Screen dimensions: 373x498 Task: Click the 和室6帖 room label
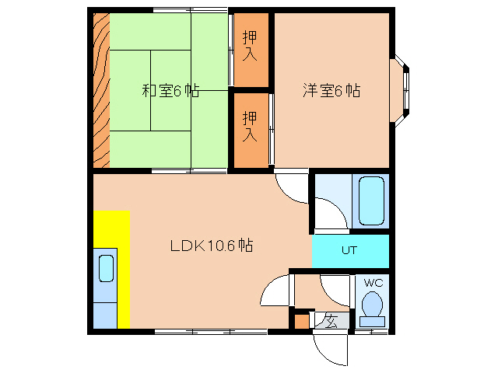170,91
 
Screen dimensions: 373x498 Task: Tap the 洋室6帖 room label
331,90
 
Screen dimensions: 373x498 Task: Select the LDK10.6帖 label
211,246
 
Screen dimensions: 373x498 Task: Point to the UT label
349,251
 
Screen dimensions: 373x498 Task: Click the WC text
371,282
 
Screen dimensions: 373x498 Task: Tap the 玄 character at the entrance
330,320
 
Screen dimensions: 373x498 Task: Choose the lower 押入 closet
250,126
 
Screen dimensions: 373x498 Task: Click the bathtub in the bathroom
369,201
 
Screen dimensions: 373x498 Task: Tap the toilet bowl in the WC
372,305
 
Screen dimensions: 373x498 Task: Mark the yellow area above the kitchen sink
111,229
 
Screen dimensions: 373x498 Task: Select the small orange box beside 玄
300,321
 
